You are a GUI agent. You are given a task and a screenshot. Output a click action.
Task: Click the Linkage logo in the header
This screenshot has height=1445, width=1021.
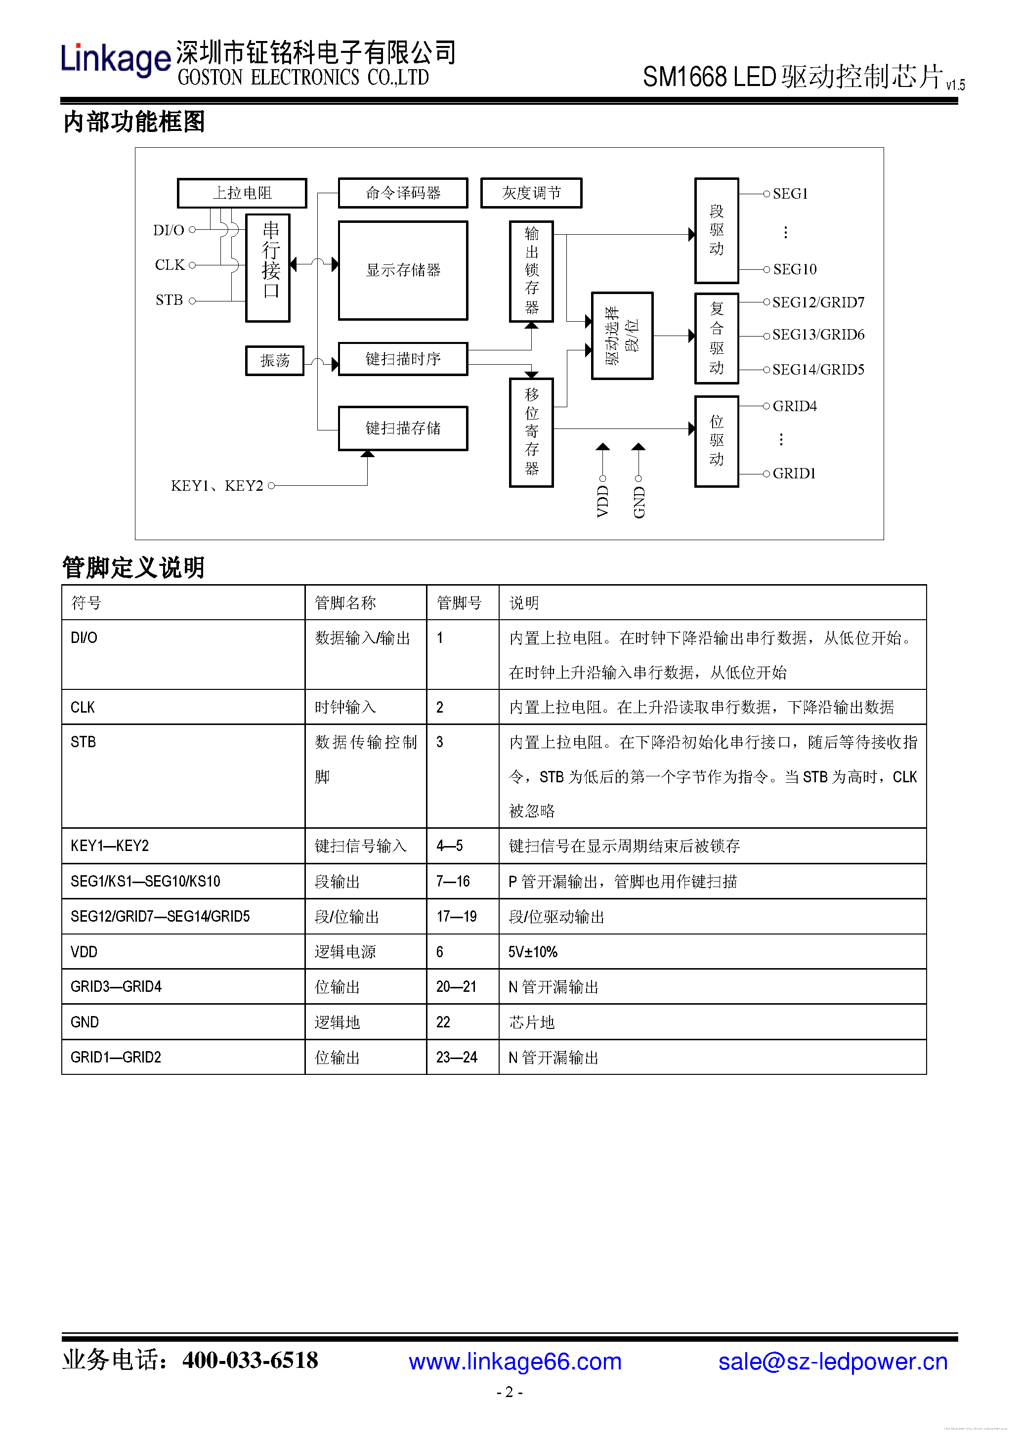[115, 60]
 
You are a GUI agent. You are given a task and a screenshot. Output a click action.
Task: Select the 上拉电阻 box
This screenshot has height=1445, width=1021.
[242, 193]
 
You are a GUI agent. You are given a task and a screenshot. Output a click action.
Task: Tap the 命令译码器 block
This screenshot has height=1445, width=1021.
[403, 193]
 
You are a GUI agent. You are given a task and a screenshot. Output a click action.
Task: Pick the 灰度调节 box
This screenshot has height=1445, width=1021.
[531, 193]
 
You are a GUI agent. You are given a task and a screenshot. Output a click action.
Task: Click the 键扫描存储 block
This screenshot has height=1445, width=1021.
[403, 428]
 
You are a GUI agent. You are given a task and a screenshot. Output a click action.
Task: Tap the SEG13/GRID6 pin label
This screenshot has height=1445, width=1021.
[818, 335]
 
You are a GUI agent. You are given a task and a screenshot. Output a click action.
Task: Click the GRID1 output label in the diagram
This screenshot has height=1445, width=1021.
[794, 473]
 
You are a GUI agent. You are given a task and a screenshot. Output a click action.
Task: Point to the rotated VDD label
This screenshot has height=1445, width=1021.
[602, 501]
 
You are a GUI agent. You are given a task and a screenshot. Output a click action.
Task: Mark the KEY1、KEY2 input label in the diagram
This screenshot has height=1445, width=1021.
[216, 486]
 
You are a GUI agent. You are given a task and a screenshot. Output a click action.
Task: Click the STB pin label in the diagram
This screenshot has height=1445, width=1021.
[169, 300]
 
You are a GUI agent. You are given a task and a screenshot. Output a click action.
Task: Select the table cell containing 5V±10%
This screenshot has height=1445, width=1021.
[533, 952]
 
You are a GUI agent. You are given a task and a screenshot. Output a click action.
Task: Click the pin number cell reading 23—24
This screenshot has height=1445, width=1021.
[456, 1058]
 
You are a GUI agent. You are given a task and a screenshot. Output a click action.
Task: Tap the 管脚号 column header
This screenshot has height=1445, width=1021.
[459, 603]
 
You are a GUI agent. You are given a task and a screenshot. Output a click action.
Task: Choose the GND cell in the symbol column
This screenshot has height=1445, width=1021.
[85, 1022]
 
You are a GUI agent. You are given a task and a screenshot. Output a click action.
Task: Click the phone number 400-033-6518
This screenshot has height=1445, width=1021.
[250, 1360]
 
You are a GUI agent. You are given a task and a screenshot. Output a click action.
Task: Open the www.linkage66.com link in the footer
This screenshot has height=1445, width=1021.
[515, 1361]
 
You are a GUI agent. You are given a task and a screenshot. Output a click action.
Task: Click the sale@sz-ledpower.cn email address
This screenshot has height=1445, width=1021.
[832, 1361]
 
